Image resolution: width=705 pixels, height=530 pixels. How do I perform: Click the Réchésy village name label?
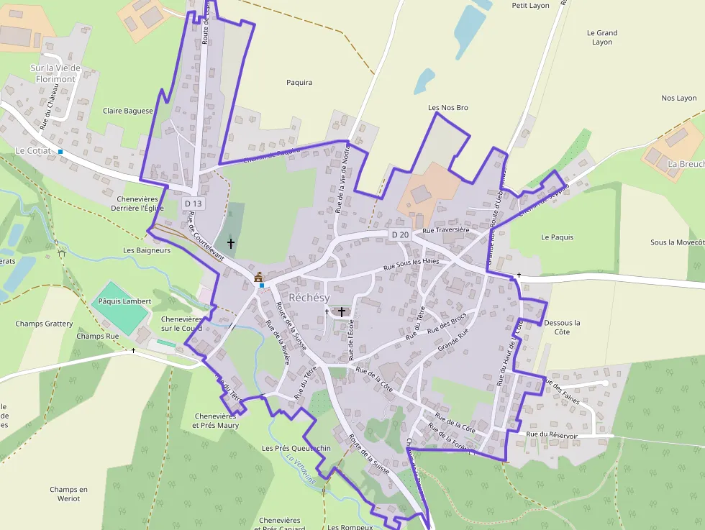pyautogui.click(x=309, y=298)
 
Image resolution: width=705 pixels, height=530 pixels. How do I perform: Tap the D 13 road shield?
pyautogui.click(x=194, y=204)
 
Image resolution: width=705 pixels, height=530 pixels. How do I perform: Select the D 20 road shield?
pyautogui.click(x=400, y=235)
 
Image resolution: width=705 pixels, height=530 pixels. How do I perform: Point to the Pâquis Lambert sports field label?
pyautogui.click(x=124, y=301)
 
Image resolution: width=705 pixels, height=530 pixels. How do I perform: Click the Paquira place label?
pyautogui.click(x=299, y=83)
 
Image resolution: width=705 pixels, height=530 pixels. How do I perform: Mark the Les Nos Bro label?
pyautogui.click(x=447, y=108)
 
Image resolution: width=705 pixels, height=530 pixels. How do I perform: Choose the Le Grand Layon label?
pyautogui.click(x=602, y=37)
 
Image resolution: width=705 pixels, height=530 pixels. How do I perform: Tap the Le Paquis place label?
pyautogui.click(x=558, y=237)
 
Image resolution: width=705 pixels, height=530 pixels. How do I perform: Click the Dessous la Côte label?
pyautogui.click(x=562, y=327)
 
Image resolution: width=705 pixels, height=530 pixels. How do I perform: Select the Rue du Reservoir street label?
pyautogui.click(x=552, y=435)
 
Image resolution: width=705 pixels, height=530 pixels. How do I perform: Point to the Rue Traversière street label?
pyautogui.click(x=446, y=230)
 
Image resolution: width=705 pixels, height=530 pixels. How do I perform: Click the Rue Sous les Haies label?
pyautogui.click(x=411, y=264)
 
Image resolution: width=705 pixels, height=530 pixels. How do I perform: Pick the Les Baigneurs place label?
pyautogui.click(x=147, y=250)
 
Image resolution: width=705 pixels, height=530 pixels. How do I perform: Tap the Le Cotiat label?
pyautogui.click(x=33, y=151)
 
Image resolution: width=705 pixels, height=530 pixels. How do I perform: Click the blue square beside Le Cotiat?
pyautogui.click(x=60, y=152)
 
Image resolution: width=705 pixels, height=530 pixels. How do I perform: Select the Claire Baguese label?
pyautogui.click(x=128, y=111)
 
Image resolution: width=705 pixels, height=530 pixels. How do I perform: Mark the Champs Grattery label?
pyautogui.click(x=45, y=324)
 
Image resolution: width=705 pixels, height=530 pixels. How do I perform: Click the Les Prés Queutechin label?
pyautogui.click(x=296, y=449)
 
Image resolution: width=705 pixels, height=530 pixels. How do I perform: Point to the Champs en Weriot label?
pyautogui.click(x=69, y=494)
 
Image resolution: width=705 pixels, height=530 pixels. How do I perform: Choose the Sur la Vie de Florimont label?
pyautogui.click(x=55, y=73)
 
